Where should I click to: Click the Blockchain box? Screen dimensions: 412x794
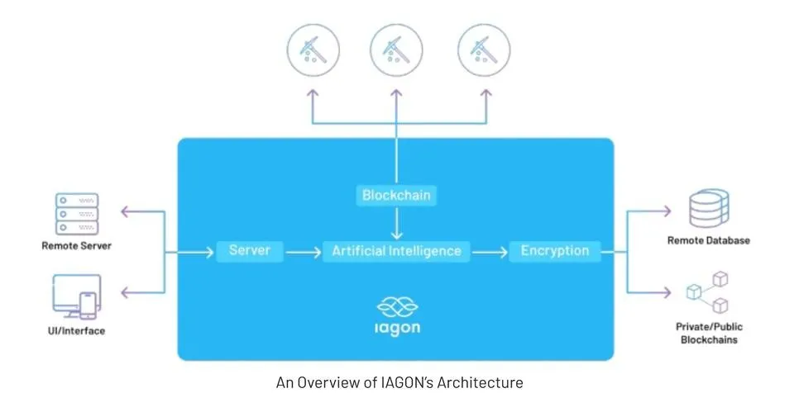(x=397, y=196)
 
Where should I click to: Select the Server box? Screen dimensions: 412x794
(x=250, y=250)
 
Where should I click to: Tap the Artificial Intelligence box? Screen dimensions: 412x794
(x=397, y=250)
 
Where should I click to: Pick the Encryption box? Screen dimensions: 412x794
(x=555, y=250)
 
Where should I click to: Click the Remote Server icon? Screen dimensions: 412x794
(x=76, y=214)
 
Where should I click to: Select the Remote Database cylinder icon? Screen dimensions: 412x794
(x=708, y=209)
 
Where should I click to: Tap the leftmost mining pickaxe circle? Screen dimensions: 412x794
(x=313, y=50)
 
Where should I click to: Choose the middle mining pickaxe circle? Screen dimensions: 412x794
(x=397, y=50)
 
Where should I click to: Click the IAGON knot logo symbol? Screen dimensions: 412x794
(x=397, y=309)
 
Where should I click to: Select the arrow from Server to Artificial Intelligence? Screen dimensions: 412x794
(x=304, y=251)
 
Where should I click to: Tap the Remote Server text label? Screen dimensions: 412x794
(x=76, y=245)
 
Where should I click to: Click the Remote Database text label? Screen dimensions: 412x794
(x=708, y=240)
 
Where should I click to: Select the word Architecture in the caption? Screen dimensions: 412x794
(x=483, y=383)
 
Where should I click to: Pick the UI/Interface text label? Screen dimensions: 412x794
(x=76, y=331)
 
